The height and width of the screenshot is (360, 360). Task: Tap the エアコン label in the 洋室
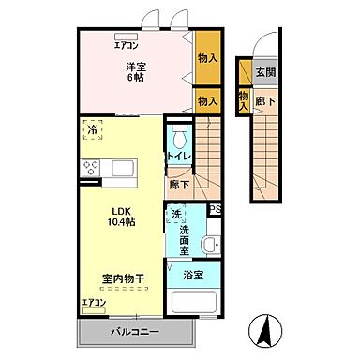coord(127,44)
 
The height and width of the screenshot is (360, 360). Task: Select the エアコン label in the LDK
coord(94,303)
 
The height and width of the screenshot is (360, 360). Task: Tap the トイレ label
coord(179,155)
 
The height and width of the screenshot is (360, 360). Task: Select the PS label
coord(215,210)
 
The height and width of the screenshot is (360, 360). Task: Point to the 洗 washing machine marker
coord(176,216)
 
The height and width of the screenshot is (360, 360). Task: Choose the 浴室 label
coord(193,275)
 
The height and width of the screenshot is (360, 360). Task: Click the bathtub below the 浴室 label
coord(193,302)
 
